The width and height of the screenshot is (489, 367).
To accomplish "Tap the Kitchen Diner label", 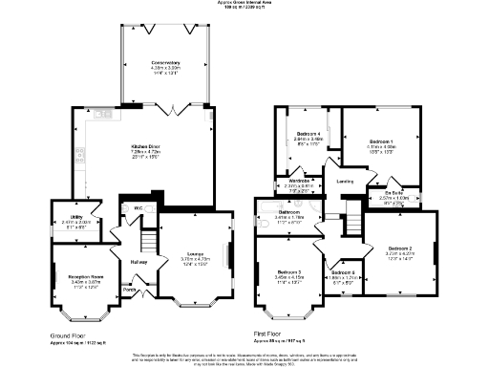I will [144, 146].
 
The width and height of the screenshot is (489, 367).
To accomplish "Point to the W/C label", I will [138, 206].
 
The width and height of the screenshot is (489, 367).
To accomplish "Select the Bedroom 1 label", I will [382, 140].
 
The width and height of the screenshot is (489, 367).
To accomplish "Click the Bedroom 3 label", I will [287, 272].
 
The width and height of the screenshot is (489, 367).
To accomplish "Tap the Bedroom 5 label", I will [342, 274].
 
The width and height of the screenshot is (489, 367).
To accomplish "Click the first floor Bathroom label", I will [289, 211].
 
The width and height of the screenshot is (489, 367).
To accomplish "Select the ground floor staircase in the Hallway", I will [148, 240].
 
